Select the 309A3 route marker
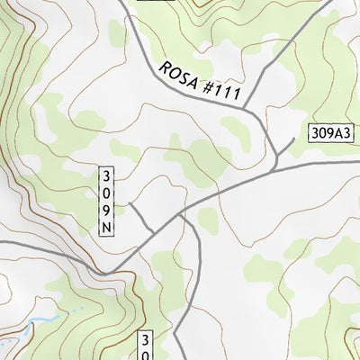coord(330,132)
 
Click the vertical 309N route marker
coord(107,200)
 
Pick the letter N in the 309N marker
coord(107,227)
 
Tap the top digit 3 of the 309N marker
coord(107,175)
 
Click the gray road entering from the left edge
coord(36,245)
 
